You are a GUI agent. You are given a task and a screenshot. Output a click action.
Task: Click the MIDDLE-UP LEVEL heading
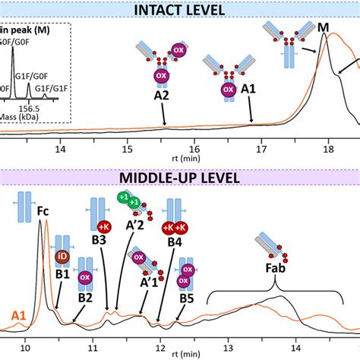(179, 178)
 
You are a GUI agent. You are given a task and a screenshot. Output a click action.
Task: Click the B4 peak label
(175, 242)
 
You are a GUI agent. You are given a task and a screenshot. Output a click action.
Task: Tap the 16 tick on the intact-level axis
(195, 150)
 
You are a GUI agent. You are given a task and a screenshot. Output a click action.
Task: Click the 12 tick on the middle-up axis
(160, 350)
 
